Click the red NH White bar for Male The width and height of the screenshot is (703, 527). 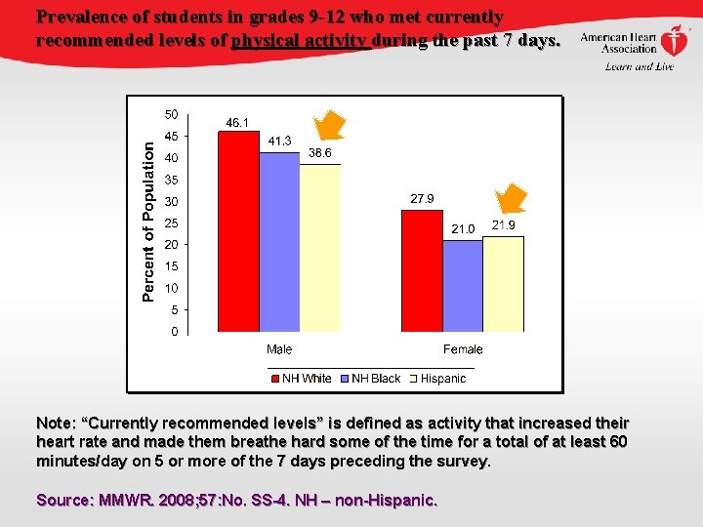pyautogui.click(x=238, y=231)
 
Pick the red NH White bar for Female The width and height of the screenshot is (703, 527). pyautogui.click(x=422, y=271)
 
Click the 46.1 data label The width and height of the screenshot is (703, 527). pyautogui.click(x=238, y=123)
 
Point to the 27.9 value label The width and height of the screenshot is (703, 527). pyautogui.click(x=422, y=199)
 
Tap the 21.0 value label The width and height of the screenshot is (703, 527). pyautogui.click(x=463, y=229)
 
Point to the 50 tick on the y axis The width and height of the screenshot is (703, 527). pyautogui.click(x=171, y=113)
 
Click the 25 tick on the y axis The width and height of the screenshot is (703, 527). pyautogui.click(x=171, y=223)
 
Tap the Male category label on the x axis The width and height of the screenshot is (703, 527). pyautogui.click(x=279, y=349)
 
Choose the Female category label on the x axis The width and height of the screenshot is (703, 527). pyautogui.click(x=463, y=349)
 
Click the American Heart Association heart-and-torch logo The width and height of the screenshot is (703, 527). pyautogui.click(x=674, y=41)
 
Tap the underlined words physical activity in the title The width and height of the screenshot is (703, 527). pyautogui.click(x=299, y=41)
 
